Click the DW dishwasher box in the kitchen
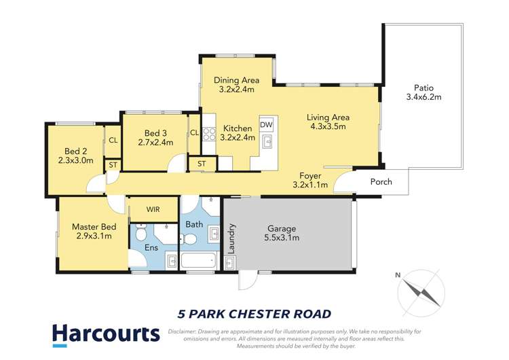(x=266, y=125)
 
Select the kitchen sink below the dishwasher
(x=267, y=142)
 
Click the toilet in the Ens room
(x=141, y=235)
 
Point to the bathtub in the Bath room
(x=196, y=259)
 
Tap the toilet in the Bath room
(x=190, y=238)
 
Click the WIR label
(x=153, y=210)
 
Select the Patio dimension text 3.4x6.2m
(x=428, y=97)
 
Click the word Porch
(x=381, y=182)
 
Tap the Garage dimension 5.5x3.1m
(x=281, y=238)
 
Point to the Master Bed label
(x=94, y=227)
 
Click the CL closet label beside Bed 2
(x=111, y=141)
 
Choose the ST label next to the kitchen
(x=202, y=164)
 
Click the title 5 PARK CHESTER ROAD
(x=254, y=313)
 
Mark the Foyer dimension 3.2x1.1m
(x=309, y=185)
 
